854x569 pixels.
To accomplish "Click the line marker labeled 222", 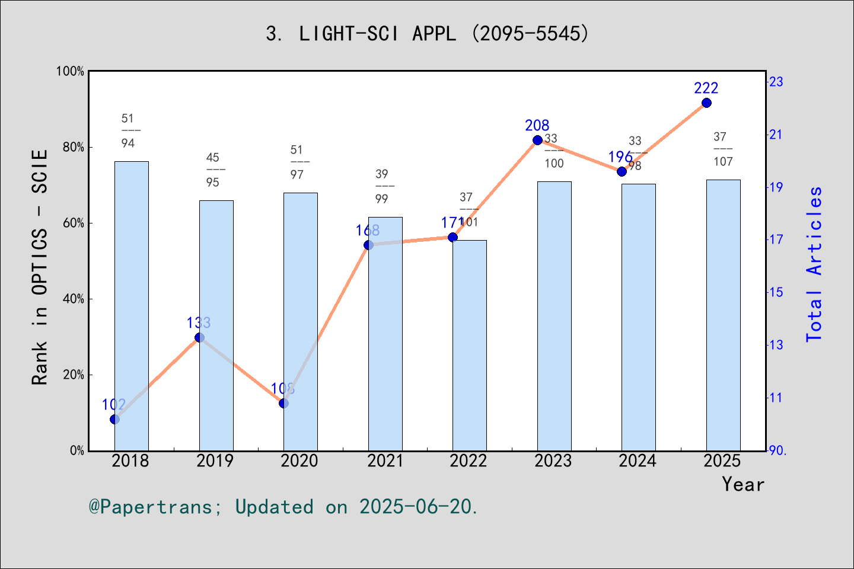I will (x=706, y=103).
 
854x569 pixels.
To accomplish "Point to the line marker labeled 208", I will (x=537, y=140).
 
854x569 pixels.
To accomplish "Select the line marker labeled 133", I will (x=199, y=338).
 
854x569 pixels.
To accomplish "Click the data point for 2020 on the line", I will (x=283, y=404).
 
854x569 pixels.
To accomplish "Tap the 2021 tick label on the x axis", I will (x=385, y=461).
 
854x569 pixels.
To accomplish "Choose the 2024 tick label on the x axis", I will (x=638, y=461).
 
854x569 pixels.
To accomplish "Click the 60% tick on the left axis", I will (x=74, y=223).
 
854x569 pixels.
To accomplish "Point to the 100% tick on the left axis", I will (x=70, y=72).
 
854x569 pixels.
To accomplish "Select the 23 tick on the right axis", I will (x=776, y=82).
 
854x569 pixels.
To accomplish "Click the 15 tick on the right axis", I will (x=776, y=292).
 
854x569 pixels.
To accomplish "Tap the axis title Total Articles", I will (x=814, y=264).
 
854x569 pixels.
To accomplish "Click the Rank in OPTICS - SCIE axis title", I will (x=40, y=267).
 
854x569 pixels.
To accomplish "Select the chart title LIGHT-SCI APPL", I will (x=427, y=34).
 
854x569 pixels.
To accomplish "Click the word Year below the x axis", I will (x=743, y=484).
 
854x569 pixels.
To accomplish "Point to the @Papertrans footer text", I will (x=283, y=507).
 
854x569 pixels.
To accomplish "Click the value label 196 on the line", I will (x=620, y=157).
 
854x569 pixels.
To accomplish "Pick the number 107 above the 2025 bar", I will (x=723, y=162).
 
